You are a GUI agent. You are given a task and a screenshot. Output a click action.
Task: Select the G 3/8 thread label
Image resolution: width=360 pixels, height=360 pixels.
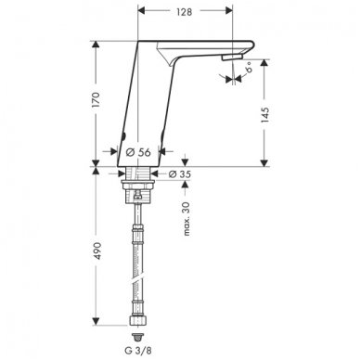click(x=139, y=351)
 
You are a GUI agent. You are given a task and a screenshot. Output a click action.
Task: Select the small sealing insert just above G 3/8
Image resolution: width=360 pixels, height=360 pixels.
click(x=139, y=333)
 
